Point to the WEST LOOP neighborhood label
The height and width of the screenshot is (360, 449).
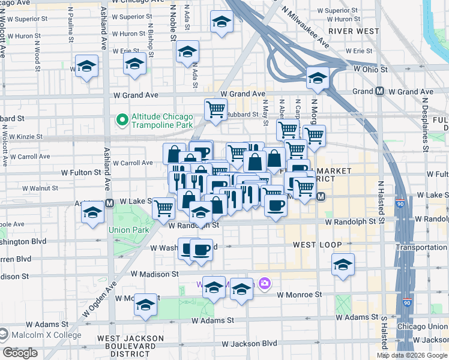click(317, 245)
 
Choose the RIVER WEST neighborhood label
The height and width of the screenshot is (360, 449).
click(354, 31)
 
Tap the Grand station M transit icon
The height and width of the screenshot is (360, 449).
click(379, 92)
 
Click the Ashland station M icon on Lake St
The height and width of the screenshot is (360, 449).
click(110, 202)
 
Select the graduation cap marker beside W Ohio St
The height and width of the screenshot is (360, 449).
click(318, 78)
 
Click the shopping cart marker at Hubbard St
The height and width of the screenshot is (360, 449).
click(216, 110)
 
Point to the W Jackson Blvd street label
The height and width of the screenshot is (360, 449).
click(249, 344)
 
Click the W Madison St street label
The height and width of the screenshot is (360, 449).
click(155, 274)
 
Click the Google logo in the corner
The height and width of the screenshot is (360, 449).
click(20, 353)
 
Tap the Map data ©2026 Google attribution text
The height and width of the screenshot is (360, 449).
click(412, 356)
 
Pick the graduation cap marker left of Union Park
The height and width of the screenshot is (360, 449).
click(92, 214)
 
